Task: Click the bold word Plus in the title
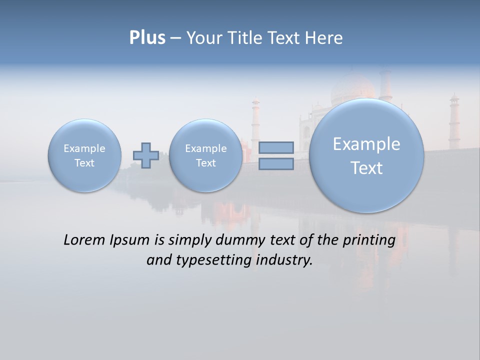(x=147, y=38)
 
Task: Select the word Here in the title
(x=325, y=38)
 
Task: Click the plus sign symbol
(x=146, y=155)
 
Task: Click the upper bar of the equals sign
(x=276, y=147)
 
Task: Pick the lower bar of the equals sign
(x=276, y=164)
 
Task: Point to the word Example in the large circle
(x=366, y=144)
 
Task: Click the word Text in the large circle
(x=366, y=168)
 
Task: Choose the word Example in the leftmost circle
(x=84, y=148)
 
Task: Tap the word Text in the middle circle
(x=206, y=163)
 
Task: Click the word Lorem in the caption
(x=85, y=240)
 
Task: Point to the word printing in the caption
(x=368, y=240)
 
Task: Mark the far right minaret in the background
(x=453, y=120)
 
